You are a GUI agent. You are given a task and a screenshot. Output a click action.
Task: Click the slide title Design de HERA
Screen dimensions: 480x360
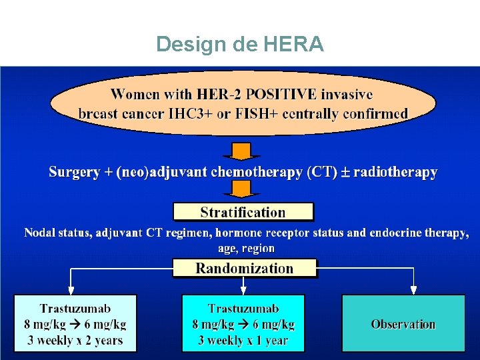click(x=240, y=44)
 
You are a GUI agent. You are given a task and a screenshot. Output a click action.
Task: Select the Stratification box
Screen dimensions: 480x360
click(x=243, y=213)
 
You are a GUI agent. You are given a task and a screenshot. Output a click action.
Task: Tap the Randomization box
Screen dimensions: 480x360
click(x=244, y=268)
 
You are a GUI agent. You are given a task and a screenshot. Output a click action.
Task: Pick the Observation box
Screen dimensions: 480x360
click(x=403, y=323)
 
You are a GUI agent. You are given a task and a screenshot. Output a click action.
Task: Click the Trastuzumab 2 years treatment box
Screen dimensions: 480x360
click(x=75, y=323)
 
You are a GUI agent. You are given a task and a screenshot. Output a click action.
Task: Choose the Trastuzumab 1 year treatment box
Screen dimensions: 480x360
click(x=243, y=323)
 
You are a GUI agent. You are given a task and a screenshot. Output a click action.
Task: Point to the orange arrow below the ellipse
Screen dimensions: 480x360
click(x=241, y=151)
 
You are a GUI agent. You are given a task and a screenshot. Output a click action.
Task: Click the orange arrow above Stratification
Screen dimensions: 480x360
click(x=241, y=190)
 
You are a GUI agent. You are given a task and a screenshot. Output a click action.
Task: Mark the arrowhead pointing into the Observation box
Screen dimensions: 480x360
click(x=413, y=290)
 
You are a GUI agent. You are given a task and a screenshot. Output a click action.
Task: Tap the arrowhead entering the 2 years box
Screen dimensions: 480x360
click(x=71, y=290)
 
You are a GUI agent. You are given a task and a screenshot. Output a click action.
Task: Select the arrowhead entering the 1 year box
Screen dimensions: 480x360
click(x=243, y=290)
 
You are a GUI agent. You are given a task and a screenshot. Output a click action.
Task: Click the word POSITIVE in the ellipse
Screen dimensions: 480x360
click(x=279, y=95)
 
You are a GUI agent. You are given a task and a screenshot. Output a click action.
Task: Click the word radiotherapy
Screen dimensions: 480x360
click(x=395, y=172)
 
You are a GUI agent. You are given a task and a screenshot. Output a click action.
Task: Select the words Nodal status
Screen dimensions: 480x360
click(x=57, y=233)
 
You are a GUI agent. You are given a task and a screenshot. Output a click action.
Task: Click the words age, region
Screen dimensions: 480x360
click(x=246, y=248)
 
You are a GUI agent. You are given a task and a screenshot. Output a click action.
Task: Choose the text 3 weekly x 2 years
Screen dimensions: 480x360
click(x=75, y=340)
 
